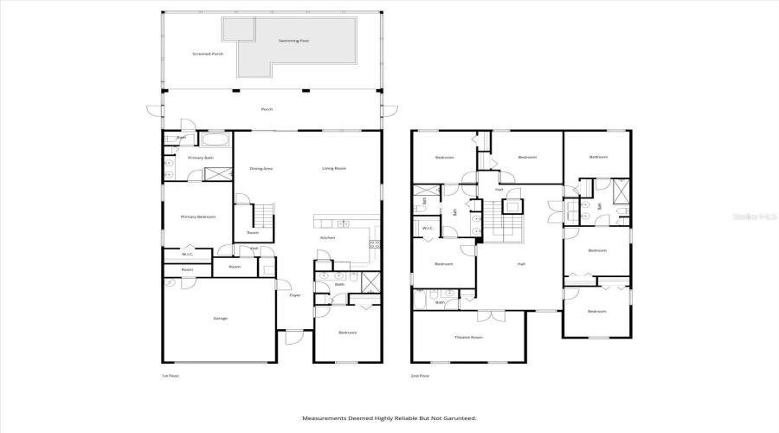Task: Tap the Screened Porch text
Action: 208,54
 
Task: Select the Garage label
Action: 221,318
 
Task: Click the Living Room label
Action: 334,168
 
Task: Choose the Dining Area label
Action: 261,168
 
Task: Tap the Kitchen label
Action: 328,237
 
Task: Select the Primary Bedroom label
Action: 198,216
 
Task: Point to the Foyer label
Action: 294,295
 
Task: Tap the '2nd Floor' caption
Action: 421,375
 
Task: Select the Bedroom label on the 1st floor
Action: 347,333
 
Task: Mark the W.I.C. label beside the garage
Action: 187,254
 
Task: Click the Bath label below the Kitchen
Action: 340,284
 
